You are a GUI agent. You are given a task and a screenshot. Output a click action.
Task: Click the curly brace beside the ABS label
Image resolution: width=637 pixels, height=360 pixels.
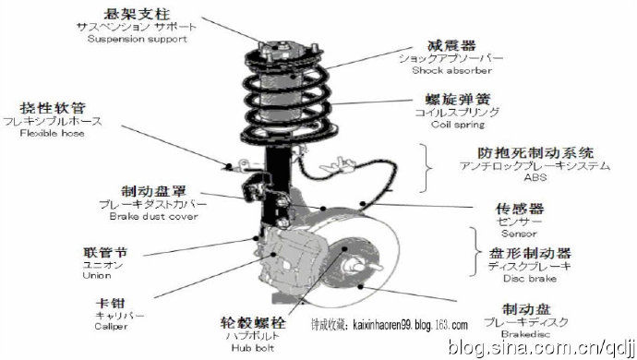(428, 166)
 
